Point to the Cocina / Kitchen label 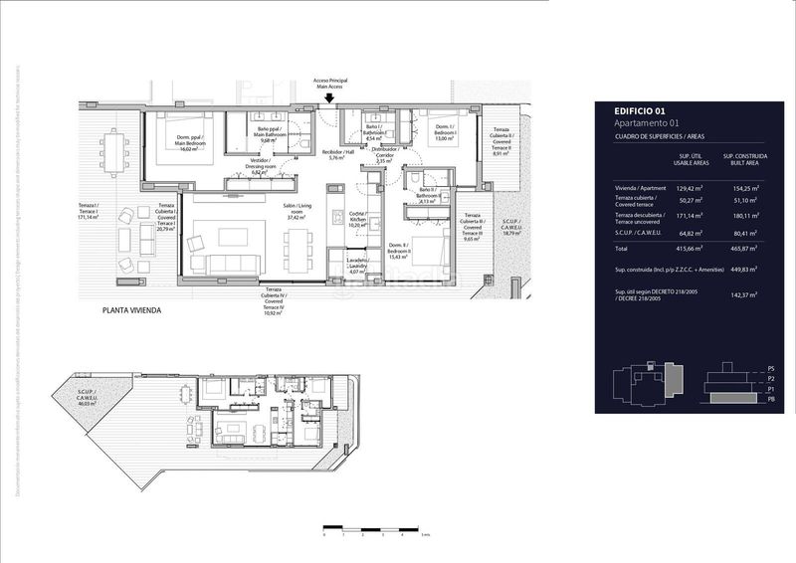click(x=357, y=220)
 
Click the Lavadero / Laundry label click(x=358, y=266)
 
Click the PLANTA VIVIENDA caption click(x=131, y=310)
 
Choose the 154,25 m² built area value click(x=741, y=187)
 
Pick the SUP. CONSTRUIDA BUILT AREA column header click(x=741, y=160)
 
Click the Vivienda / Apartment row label click(x=641, y=187)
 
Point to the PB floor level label click(x=770, y=399)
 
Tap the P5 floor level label click(x=770, y=369)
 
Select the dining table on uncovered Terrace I click(x=115, y=153)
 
